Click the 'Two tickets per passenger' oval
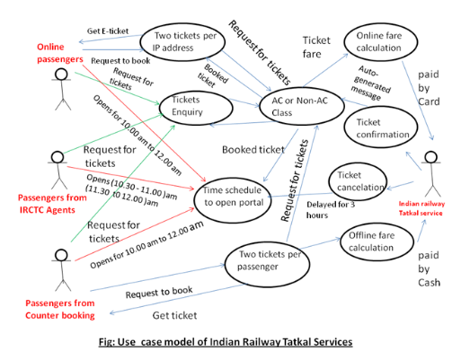coord(262,261)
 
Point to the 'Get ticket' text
coord(176,316)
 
